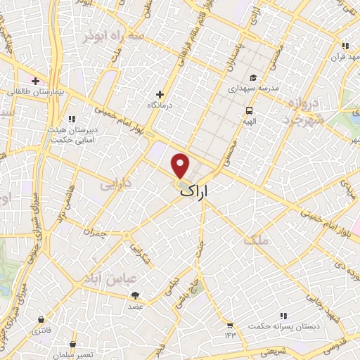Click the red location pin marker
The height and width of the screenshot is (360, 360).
[181, 165]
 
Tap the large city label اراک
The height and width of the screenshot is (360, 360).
[200, 191]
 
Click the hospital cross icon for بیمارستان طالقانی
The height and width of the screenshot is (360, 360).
[34, 81]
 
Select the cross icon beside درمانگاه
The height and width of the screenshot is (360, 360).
[160, 94]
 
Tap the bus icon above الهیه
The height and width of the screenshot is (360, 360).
[249, 110]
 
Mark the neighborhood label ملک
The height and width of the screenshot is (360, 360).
[256, 240]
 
